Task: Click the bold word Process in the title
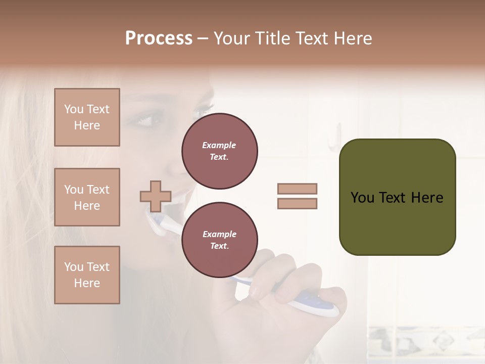click(x=159, y=38)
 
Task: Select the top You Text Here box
click(x=87, y=117)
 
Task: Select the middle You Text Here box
click(x=87, y=197)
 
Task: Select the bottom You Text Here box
click(x=87, y=275)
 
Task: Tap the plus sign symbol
click(x=155, y=196)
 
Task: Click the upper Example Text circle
click(x=220, y=151)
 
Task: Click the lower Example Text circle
click(x=220, y=240)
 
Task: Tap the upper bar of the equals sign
click(x=297, y=189)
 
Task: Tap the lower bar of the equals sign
click(x=297, y=204)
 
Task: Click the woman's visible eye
click(x=143, y=121)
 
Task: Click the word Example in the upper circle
click(x=219, y=145)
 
